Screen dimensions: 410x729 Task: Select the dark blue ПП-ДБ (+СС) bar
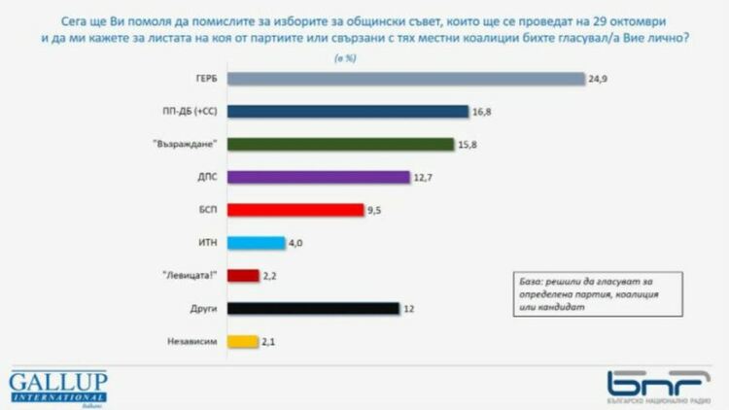click(348, 111)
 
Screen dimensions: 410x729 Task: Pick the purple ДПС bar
click(319, 177)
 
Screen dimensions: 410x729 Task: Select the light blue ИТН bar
click(257, 243)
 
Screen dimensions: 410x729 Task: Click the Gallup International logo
click(58, 386)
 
